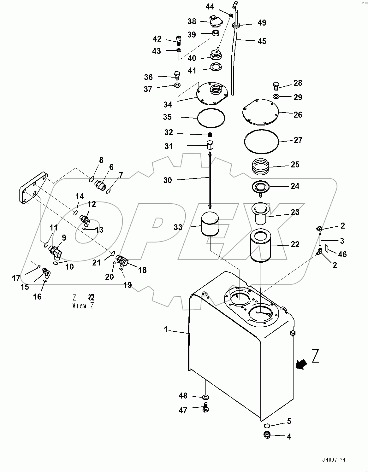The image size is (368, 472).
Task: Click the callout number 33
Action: (x=178, y=227)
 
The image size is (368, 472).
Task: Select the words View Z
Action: (x=83, y=306)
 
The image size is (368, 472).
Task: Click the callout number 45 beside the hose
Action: (x=262, y=41)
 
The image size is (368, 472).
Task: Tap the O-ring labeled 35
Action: (x=211, y=118)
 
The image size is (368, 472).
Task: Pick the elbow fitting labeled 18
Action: (x=122, y=260)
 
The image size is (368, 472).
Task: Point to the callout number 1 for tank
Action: (x=165, y=329)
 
